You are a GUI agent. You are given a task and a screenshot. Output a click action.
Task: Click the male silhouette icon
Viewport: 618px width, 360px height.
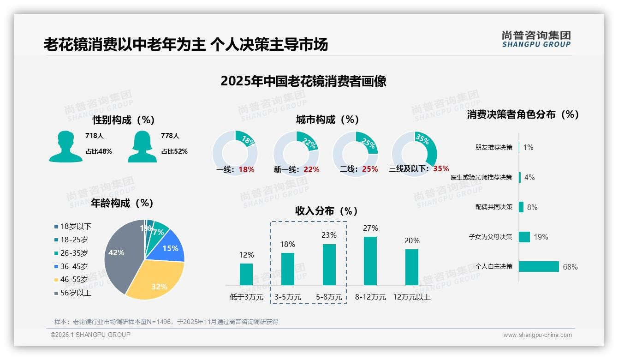coord(65,146)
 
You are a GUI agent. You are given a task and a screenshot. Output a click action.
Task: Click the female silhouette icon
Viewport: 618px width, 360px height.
coord(142,146)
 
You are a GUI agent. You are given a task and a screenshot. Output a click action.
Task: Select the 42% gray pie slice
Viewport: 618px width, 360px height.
coord(118,256)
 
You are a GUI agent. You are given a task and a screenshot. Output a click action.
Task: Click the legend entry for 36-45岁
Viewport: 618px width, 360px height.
coord(74,266)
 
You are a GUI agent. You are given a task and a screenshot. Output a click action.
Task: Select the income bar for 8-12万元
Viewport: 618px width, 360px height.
coord(370,261)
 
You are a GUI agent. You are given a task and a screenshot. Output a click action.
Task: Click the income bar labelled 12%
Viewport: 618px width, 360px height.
coord(246,274)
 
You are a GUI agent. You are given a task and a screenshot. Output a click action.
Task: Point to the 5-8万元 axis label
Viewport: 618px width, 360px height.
coord(329,297)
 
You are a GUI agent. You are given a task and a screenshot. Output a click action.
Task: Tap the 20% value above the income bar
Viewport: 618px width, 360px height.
coord(412,240)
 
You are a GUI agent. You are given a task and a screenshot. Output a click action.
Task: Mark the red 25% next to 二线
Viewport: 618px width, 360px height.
coord(370,169)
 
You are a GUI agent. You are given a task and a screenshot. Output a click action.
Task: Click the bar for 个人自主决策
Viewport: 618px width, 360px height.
coord(539,267)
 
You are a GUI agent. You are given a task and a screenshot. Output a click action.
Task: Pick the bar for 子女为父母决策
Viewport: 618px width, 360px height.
coord(524,237)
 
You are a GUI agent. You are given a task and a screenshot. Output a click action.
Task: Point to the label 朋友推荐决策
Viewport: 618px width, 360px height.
coord(494,148)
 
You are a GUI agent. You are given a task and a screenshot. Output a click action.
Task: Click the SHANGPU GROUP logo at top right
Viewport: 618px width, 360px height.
coord(536,39)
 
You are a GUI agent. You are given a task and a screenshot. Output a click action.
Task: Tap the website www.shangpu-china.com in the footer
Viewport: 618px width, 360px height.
coord(537,335)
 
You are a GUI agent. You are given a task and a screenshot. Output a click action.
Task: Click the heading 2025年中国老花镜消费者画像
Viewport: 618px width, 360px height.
coord(303,81)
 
